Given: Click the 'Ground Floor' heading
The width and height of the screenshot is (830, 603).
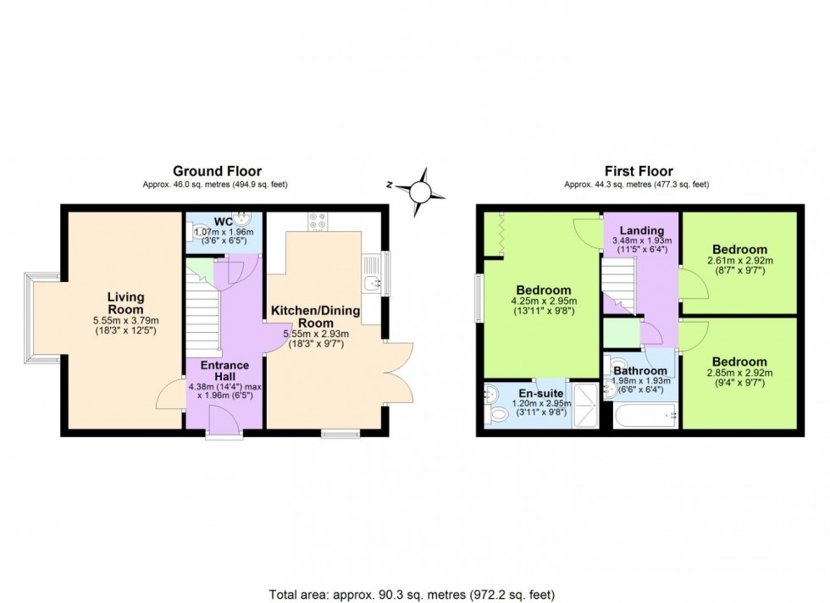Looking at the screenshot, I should click(x=217, y=171).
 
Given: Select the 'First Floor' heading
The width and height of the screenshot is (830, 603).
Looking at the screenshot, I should click(x=636, y=171).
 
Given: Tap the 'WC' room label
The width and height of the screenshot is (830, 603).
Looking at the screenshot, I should click(x=223, y=222).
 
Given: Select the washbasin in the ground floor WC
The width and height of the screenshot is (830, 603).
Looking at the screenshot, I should click(x=244, y=220).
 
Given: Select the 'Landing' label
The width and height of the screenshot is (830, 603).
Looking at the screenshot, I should click(x=640, y=230).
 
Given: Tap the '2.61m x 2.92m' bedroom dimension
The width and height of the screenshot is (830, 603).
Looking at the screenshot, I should click(x=741, y=262).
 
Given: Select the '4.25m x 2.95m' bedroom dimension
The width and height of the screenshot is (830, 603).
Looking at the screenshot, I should click(x=539, y=301).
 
